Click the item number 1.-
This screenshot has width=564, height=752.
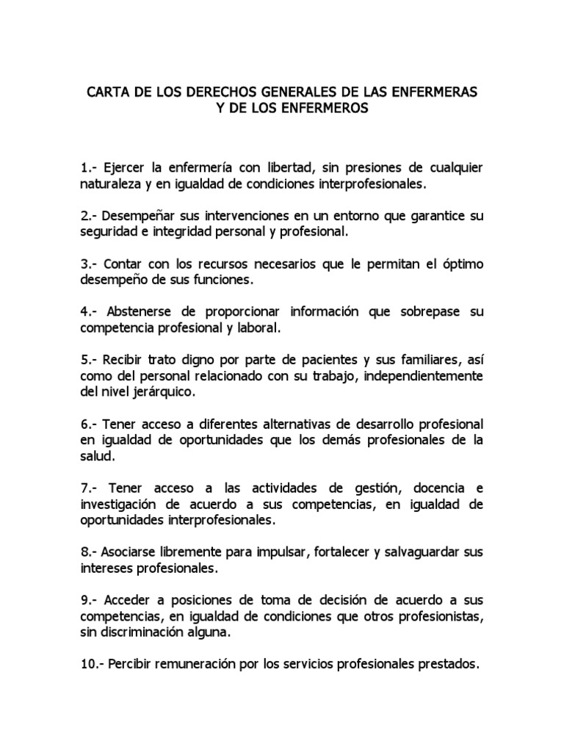click(91, 168)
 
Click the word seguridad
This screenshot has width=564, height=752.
click(107, 231)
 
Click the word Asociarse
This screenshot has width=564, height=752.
click(131, 552)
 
